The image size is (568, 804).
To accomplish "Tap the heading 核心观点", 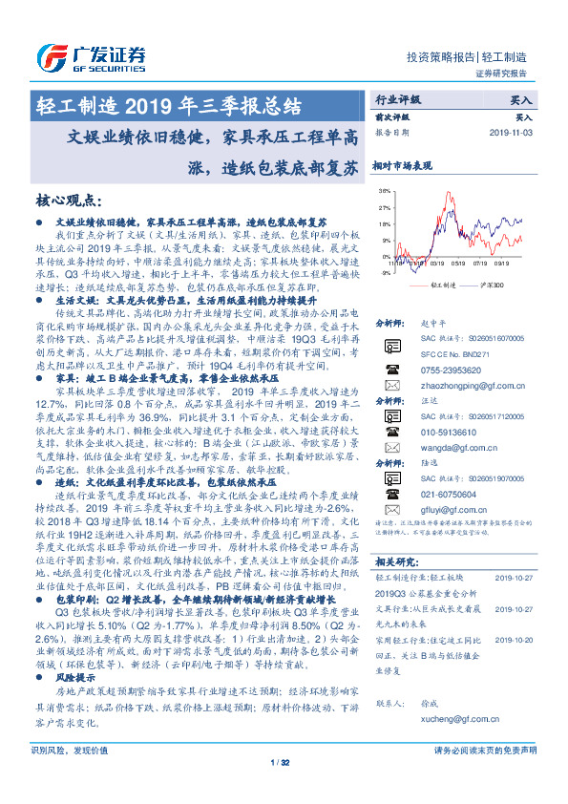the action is coord(68,201).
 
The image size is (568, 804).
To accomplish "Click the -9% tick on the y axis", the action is coord(385,271).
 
